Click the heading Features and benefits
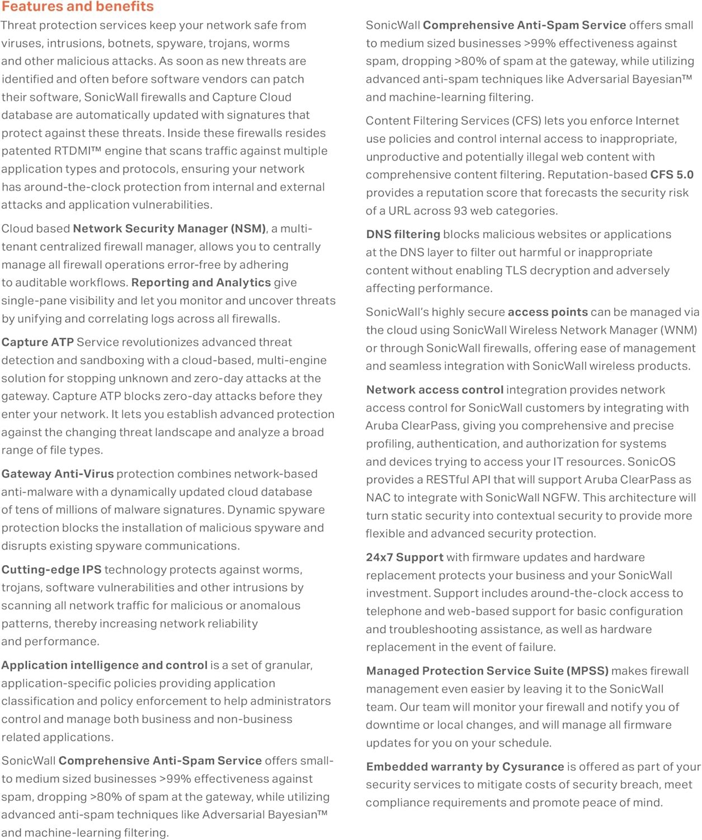coord(77,7)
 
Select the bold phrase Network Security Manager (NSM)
coord(169,228)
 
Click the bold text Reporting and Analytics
coord(201,283)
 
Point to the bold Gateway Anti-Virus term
coord(58,474)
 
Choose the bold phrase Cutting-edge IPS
coord(51,570)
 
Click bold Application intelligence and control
coord(104,665)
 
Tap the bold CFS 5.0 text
coord(672,175)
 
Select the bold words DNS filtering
coord(403,235)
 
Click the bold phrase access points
coord(548,312)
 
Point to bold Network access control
coord(435,390)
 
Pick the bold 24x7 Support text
coord(404,557)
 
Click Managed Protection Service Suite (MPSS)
coord(487,671)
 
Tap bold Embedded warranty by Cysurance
coord(465,767)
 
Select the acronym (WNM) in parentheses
coord(679,330)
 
